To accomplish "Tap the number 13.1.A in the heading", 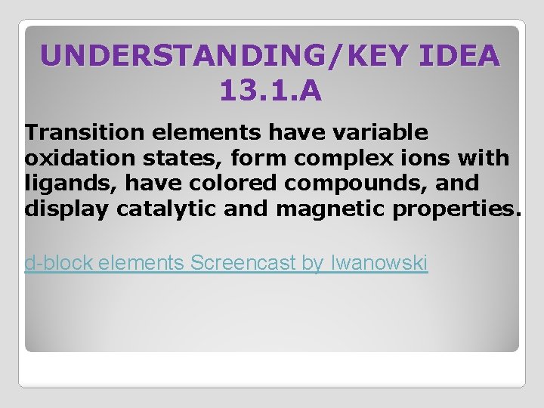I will pos(270,91).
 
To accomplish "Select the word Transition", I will pos(85,133).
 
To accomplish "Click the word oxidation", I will pos(73,158).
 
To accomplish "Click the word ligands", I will pos(63,184).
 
